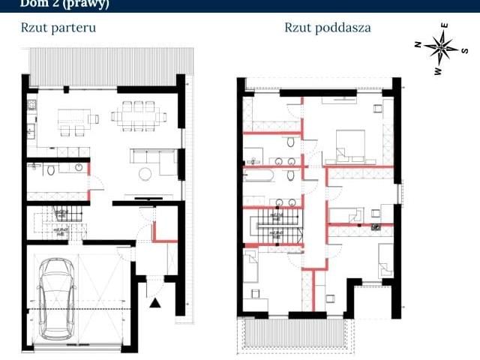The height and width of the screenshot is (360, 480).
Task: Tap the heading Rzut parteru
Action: point(58,28)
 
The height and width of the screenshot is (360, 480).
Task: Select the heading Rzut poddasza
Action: point(327,28)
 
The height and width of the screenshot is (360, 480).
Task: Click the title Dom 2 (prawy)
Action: point(64,4)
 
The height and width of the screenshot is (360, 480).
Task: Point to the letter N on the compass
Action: point(418,44)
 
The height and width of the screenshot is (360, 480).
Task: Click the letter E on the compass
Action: point(445,26)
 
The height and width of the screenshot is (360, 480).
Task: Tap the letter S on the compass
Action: point(465,51)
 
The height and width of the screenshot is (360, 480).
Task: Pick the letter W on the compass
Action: point(437,71)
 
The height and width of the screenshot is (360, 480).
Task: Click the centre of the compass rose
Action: point(441,49)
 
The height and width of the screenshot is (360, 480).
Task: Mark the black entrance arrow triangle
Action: point(155,302)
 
